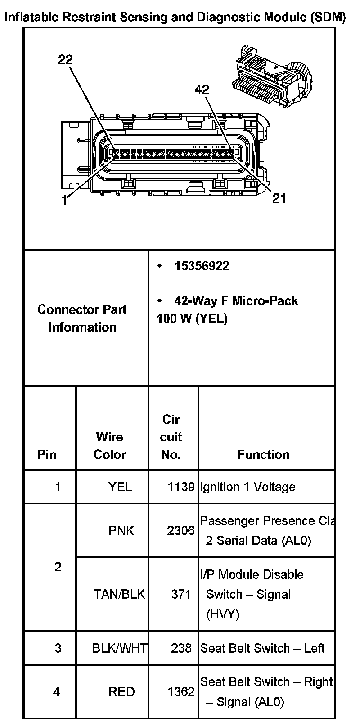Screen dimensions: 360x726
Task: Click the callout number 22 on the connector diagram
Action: [x=66, y=60]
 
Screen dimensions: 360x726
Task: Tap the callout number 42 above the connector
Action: [x=202, y=90]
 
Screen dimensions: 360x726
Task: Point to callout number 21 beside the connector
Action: [x=279, y=198]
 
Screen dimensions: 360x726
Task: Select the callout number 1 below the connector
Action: [x=65, y=201]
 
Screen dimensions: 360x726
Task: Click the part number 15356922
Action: [x=202, y=266]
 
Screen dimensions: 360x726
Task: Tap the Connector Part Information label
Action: [x=82, y=318]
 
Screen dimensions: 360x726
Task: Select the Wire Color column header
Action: [x=110, y=445]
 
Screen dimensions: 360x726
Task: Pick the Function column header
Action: [x=264, y=454]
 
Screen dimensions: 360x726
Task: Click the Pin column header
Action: [x=47, y=454]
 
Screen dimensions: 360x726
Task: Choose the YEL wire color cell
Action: [x=120, y=487]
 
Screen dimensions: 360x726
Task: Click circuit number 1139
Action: [x=181, y=487]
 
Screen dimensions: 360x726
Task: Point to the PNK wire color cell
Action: [x=121, y=530]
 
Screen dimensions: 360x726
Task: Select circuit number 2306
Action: [x=181, y=530]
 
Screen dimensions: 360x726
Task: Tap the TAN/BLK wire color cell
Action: [x=119, y=594]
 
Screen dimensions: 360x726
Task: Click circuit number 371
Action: [x=181, y=594]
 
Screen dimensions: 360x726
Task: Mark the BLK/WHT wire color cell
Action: [x=119, y=648]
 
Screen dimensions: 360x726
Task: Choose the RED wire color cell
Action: [x=121, y=691]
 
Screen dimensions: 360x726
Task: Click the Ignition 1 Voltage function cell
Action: [x=247, y=487]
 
